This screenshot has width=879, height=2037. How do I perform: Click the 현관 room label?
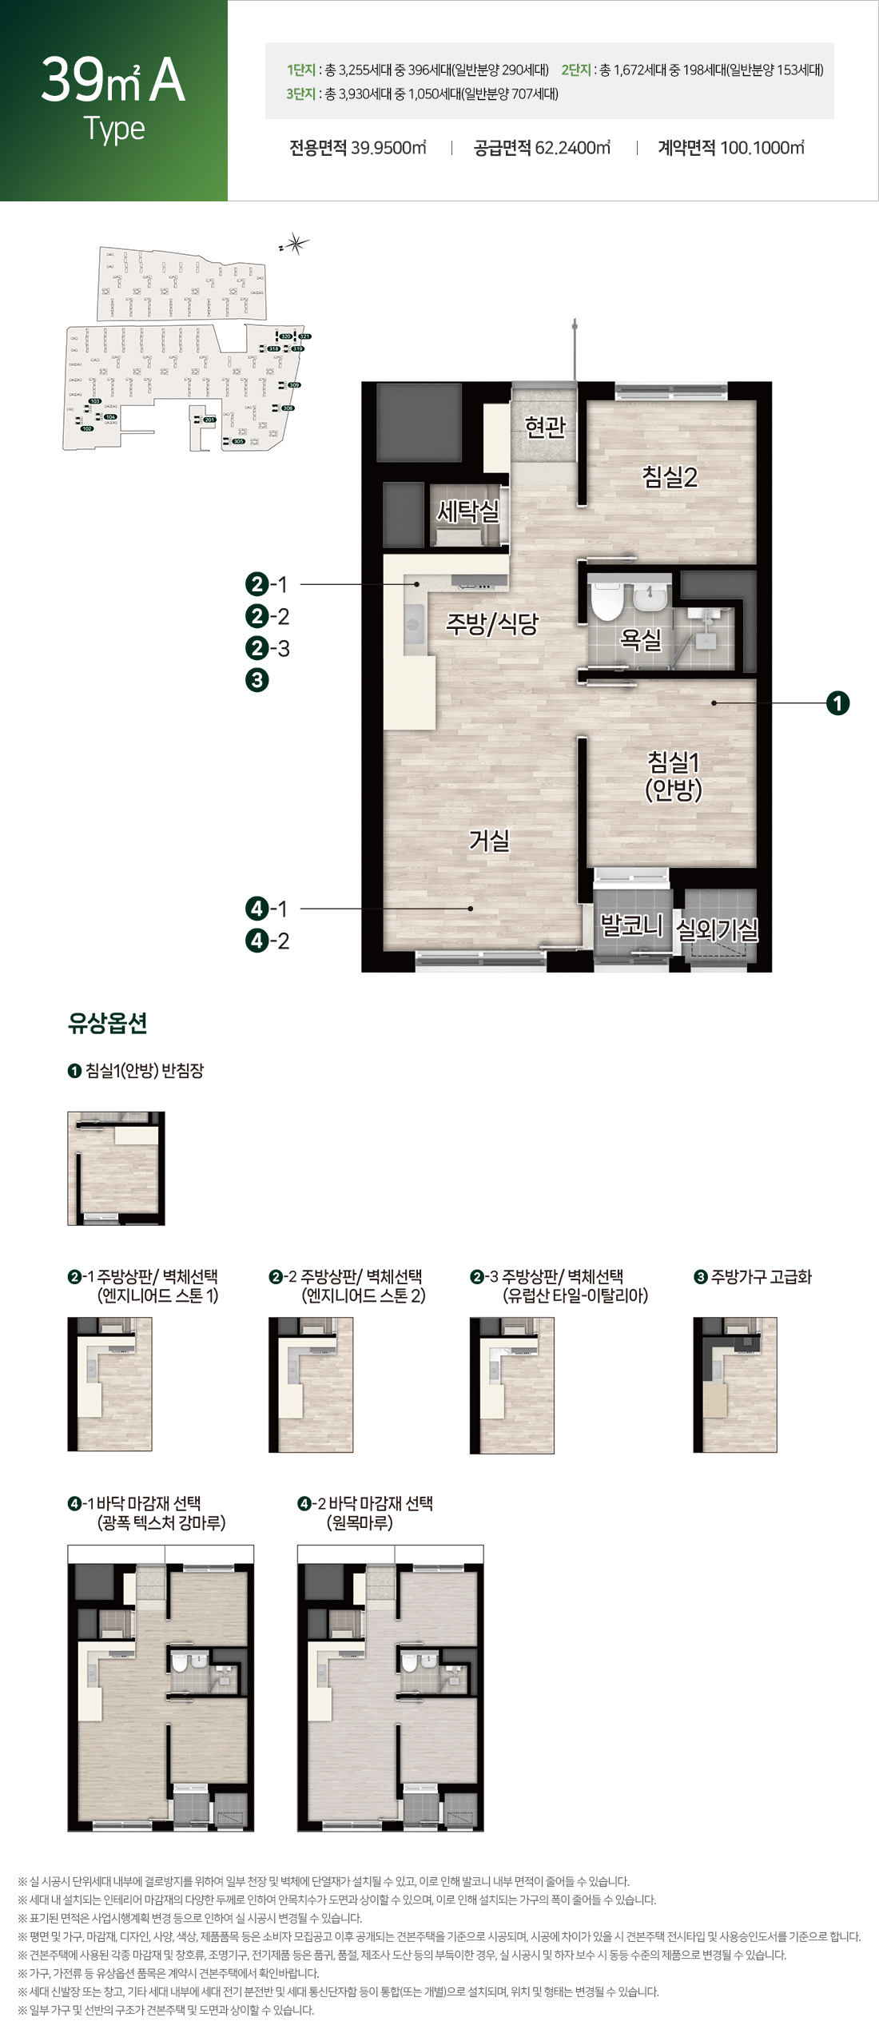pos(545,427)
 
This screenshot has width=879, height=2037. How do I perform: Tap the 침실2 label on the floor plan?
pos(670,477)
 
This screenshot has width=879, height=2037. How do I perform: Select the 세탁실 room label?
pos(467,511)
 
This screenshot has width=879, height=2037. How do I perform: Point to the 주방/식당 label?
pos(492,623)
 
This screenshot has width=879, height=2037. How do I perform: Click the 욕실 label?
pos(641,639)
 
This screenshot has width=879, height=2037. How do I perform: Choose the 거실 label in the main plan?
pos(488,840)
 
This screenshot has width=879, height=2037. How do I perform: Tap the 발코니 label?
pos(631,925)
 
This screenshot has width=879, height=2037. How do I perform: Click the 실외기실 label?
pos(717,929)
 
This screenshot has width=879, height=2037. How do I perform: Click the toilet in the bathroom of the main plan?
pos(607,601)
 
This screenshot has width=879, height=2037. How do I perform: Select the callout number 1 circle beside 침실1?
pos(837,703)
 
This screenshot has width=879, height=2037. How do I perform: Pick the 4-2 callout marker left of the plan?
pos(267,941)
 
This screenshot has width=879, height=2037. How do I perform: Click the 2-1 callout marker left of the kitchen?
pos(267,584)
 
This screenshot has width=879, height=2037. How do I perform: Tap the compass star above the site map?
pos(297,244)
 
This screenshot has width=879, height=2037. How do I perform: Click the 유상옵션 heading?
pos(108,1023)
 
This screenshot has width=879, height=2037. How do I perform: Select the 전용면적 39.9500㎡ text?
pos(357,148)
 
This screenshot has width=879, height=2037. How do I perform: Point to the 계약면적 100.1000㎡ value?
pos(730,148)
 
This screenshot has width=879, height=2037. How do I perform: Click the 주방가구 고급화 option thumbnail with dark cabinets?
pos(734,1384)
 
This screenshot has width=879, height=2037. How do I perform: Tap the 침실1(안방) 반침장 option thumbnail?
pos(116,1168)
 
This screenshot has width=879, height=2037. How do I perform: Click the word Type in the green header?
pos(114,129)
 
